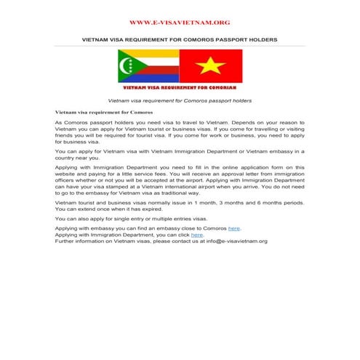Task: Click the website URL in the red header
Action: click(179, 23)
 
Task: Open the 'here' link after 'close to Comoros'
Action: click(233, 228)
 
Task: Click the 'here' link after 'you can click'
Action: click(196, 235)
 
